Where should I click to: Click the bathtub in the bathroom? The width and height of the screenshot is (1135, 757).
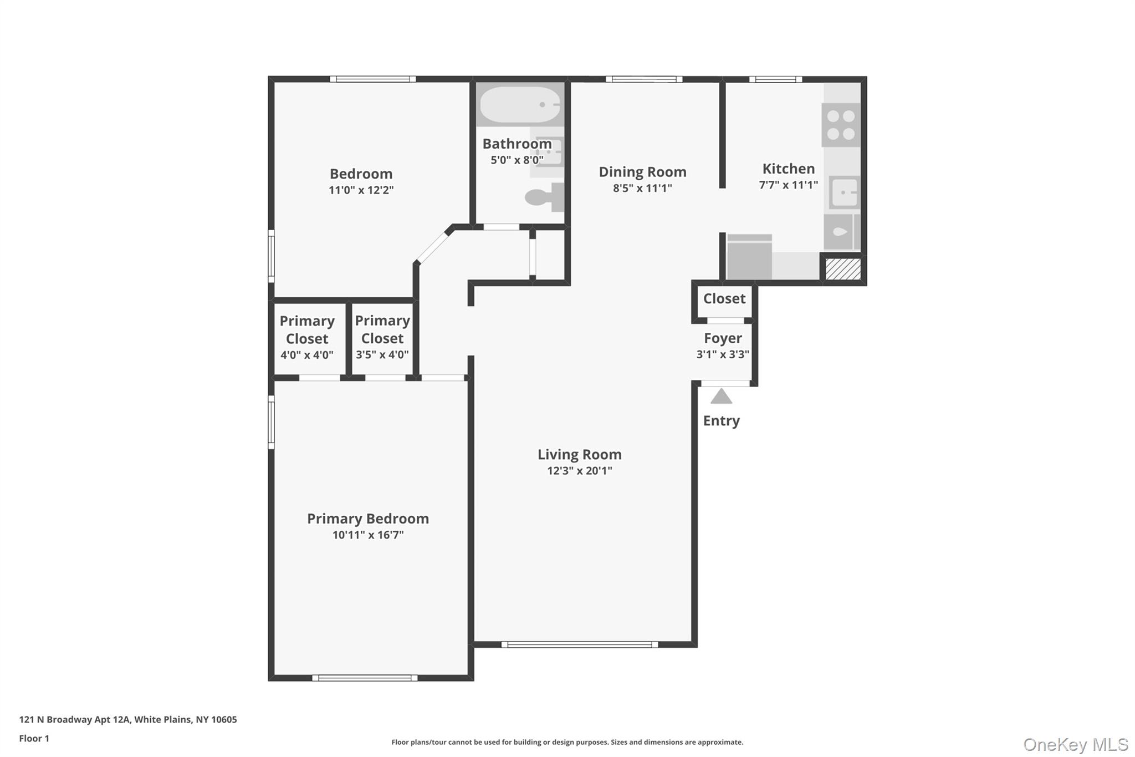point(519,104)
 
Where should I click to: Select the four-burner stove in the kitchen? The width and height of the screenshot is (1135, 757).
point(840,125)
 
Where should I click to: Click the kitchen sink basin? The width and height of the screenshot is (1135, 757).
point(844,192)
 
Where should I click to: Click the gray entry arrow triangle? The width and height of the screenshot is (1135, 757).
point(721,397)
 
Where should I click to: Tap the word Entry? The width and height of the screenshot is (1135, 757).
point(721,420)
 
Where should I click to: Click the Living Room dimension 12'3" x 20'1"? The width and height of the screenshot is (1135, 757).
point(579,471)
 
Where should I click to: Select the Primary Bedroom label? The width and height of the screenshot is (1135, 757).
point(367,519)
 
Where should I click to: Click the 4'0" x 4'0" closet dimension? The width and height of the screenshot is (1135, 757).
point(306,355)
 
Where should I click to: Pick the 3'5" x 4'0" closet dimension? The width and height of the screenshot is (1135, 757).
point(382,354)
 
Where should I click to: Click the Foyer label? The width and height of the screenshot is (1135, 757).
point(723,338)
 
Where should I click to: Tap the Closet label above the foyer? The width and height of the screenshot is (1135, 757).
point(724,298)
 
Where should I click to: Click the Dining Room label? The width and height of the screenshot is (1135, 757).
point(642,172)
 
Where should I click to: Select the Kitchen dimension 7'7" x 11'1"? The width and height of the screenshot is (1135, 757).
point(788,185)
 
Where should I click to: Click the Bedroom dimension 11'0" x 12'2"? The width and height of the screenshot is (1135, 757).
point(361,190)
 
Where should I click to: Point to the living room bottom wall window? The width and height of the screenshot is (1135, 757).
point(579,644)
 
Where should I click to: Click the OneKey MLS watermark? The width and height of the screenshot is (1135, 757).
point(1075,744)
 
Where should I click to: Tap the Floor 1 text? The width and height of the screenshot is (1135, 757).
point(34,738)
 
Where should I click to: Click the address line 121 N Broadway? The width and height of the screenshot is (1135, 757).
point(127,719)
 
